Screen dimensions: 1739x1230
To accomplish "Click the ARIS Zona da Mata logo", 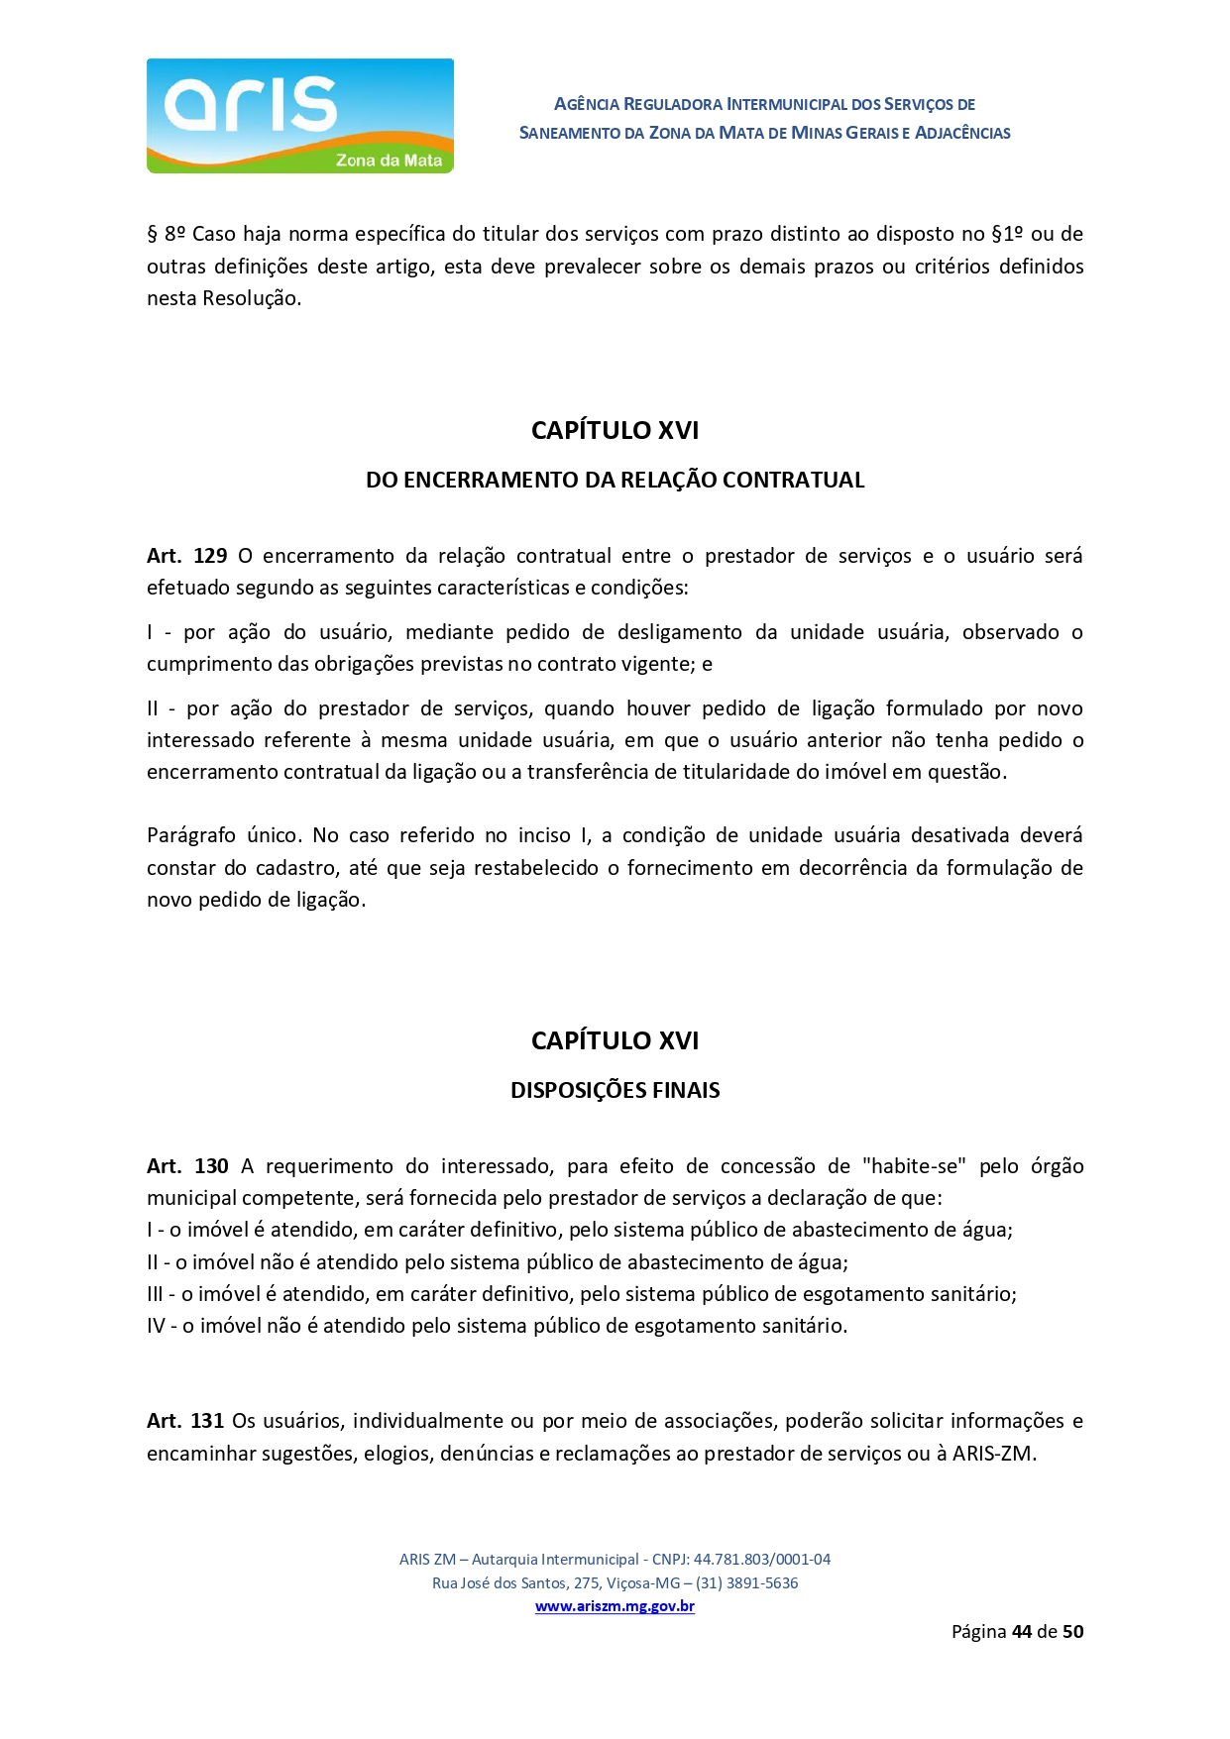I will pos(299,116).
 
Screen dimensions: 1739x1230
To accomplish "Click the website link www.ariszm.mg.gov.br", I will pos(615,1606).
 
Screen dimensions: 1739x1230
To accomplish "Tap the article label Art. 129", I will pos(186,556).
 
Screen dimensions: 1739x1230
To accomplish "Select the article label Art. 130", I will pos(187,1166).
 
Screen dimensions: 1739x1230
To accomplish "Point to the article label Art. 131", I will pos(185,1421).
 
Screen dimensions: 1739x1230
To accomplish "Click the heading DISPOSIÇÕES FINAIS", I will pos(615,1090).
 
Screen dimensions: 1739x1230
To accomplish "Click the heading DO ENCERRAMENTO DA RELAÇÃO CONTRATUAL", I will pos(615,480).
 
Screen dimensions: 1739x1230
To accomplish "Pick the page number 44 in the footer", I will pos(1022,1632).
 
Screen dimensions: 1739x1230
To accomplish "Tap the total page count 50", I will pos(1072,1632).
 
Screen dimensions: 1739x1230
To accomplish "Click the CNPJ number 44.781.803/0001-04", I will pos(761,1559).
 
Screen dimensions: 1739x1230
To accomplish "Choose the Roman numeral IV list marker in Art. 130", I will pos(156,1326).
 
